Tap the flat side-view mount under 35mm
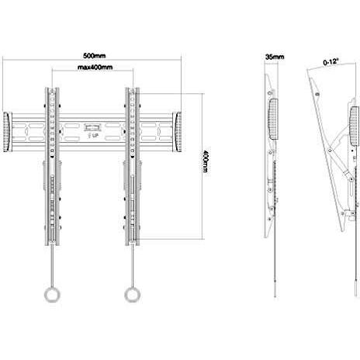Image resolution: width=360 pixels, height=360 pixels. point(272,155)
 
